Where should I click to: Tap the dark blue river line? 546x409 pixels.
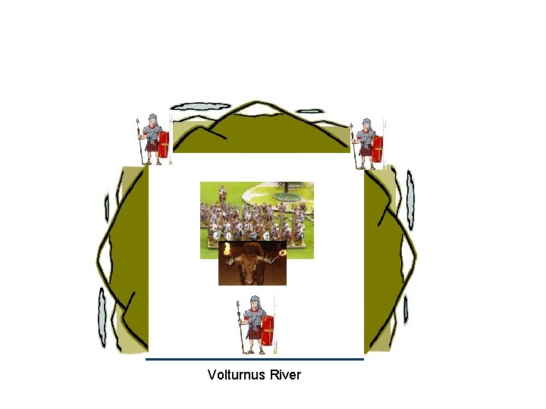255,359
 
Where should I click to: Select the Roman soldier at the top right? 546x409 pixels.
368,143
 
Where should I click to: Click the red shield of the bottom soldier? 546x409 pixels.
268,328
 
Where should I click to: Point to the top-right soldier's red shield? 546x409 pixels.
378,147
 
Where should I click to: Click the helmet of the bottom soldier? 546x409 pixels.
256,302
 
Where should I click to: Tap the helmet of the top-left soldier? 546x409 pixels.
152,120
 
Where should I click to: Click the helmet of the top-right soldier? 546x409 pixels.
367,123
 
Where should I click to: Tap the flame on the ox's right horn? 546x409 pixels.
282,252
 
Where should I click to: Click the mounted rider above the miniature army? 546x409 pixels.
222,195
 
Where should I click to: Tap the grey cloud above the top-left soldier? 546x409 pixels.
199,107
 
